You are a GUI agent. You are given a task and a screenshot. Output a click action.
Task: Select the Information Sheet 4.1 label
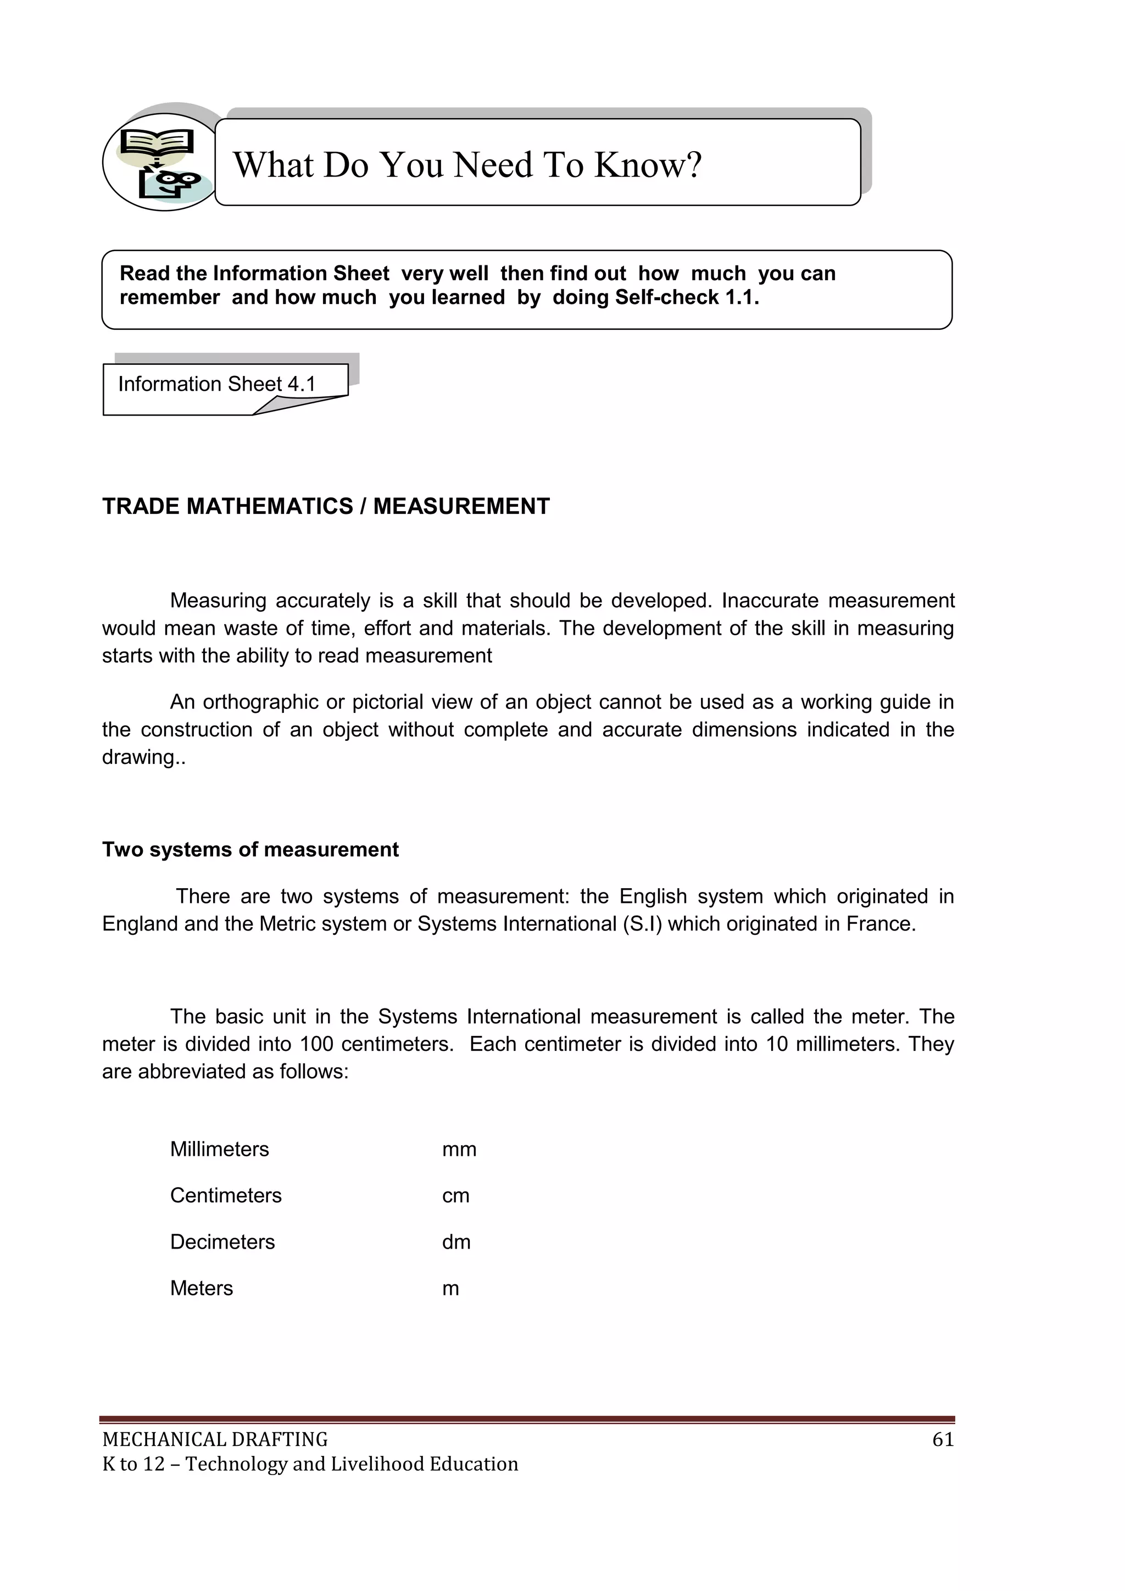217,384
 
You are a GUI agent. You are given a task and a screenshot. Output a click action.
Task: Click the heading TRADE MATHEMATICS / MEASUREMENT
326,507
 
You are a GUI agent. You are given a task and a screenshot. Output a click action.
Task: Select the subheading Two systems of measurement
250,850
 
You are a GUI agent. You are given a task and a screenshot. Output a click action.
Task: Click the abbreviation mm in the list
459,1149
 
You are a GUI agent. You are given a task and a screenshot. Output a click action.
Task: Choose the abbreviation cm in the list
456,1195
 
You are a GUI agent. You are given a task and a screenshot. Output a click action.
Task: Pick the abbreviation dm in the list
456,1242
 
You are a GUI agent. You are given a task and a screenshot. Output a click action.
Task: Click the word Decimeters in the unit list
222,1242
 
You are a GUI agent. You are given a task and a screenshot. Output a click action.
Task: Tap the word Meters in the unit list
202,1288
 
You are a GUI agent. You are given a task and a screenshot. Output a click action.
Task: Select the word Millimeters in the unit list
220,1149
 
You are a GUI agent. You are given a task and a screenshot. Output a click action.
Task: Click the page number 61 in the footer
943,1439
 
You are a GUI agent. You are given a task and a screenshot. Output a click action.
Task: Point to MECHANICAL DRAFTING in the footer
215,1439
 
